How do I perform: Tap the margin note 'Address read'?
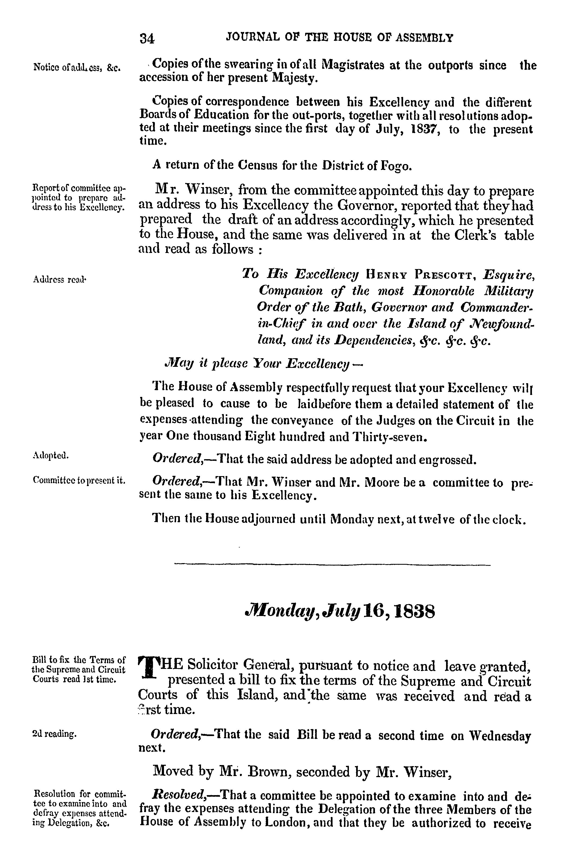coord(59,280)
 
